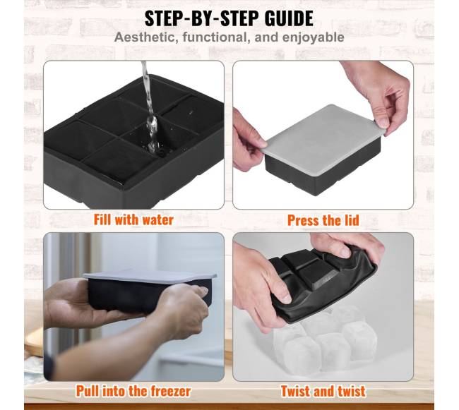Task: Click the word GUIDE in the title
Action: (289, 19)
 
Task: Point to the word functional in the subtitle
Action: (217, 37)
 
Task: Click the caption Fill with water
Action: (133, 220)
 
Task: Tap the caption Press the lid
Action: (323, 220)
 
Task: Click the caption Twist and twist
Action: (323, 391)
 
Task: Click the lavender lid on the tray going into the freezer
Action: (150, 276)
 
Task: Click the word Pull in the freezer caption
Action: (88, 391)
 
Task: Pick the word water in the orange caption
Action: (158, 220)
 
